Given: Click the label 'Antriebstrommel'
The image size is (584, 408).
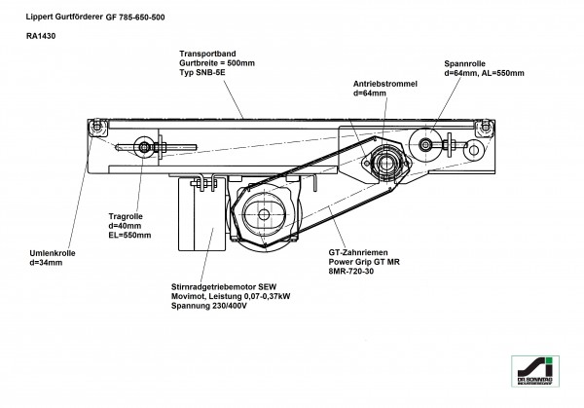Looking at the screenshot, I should click(x=385, y=85).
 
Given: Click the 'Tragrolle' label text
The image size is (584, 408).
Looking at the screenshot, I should click(x=124, y=216).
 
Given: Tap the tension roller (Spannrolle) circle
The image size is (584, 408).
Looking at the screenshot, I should click(x=427, y=145).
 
